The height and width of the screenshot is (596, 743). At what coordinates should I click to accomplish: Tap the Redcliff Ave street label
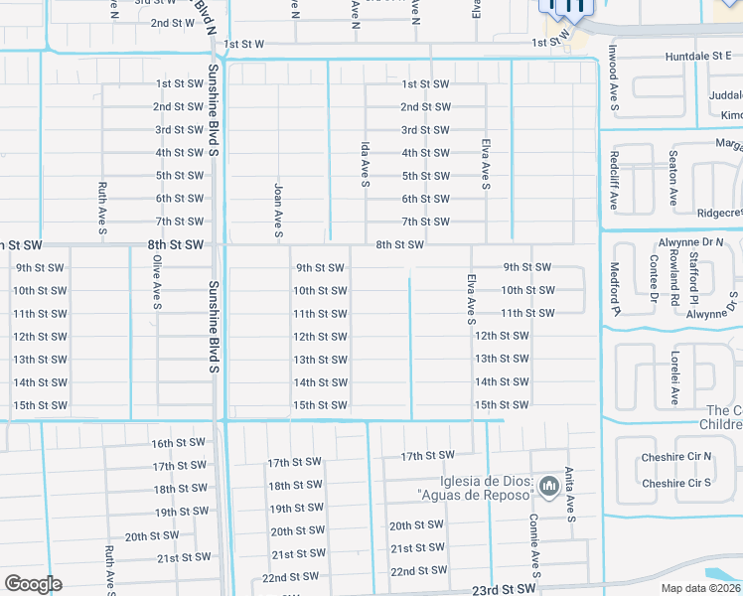[615, 180]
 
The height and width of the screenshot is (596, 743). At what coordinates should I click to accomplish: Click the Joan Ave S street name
[279, 209]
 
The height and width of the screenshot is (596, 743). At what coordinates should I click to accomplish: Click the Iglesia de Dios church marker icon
[549, 486]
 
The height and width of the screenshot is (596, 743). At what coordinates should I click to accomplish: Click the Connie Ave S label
[534, 545]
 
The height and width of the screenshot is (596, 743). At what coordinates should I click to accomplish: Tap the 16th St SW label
[178, 443]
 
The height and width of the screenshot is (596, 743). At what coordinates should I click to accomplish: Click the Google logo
[33, 584]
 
